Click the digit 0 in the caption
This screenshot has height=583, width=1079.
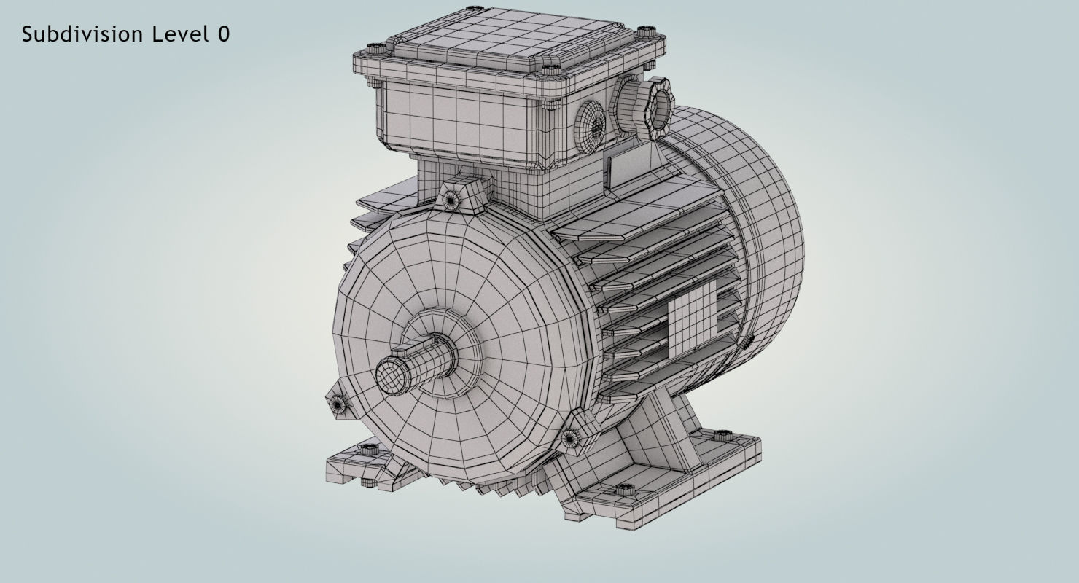pos(223,34)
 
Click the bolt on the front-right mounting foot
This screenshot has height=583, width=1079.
pos(624,488)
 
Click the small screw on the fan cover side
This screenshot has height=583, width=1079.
pos(747,340)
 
